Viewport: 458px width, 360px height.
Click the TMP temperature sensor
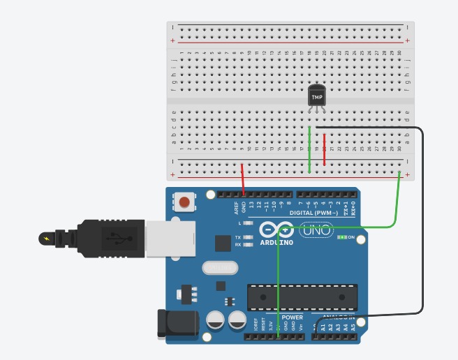click(x=317, y=96)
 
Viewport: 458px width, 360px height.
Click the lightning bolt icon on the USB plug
click(x=47, y=239)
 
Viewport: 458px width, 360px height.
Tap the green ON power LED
click(x=342, y=237)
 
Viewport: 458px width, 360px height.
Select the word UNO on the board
click(x=316, y=230)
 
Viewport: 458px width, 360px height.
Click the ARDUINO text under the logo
click(x=276, y=243)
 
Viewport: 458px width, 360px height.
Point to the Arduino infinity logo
click(x=276, y=230)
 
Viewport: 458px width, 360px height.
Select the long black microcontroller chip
click(x=302, y=297)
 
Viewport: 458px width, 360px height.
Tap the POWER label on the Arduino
click(x=292, y=317)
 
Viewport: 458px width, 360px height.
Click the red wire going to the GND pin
click(x=242, y=179)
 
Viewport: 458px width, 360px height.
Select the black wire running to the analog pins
click(x=422, y=223)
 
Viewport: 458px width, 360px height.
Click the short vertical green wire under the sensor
click(x=309, y=150)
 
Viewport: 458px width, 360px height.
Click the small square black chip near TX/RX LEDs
click(x=222, y=243)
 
